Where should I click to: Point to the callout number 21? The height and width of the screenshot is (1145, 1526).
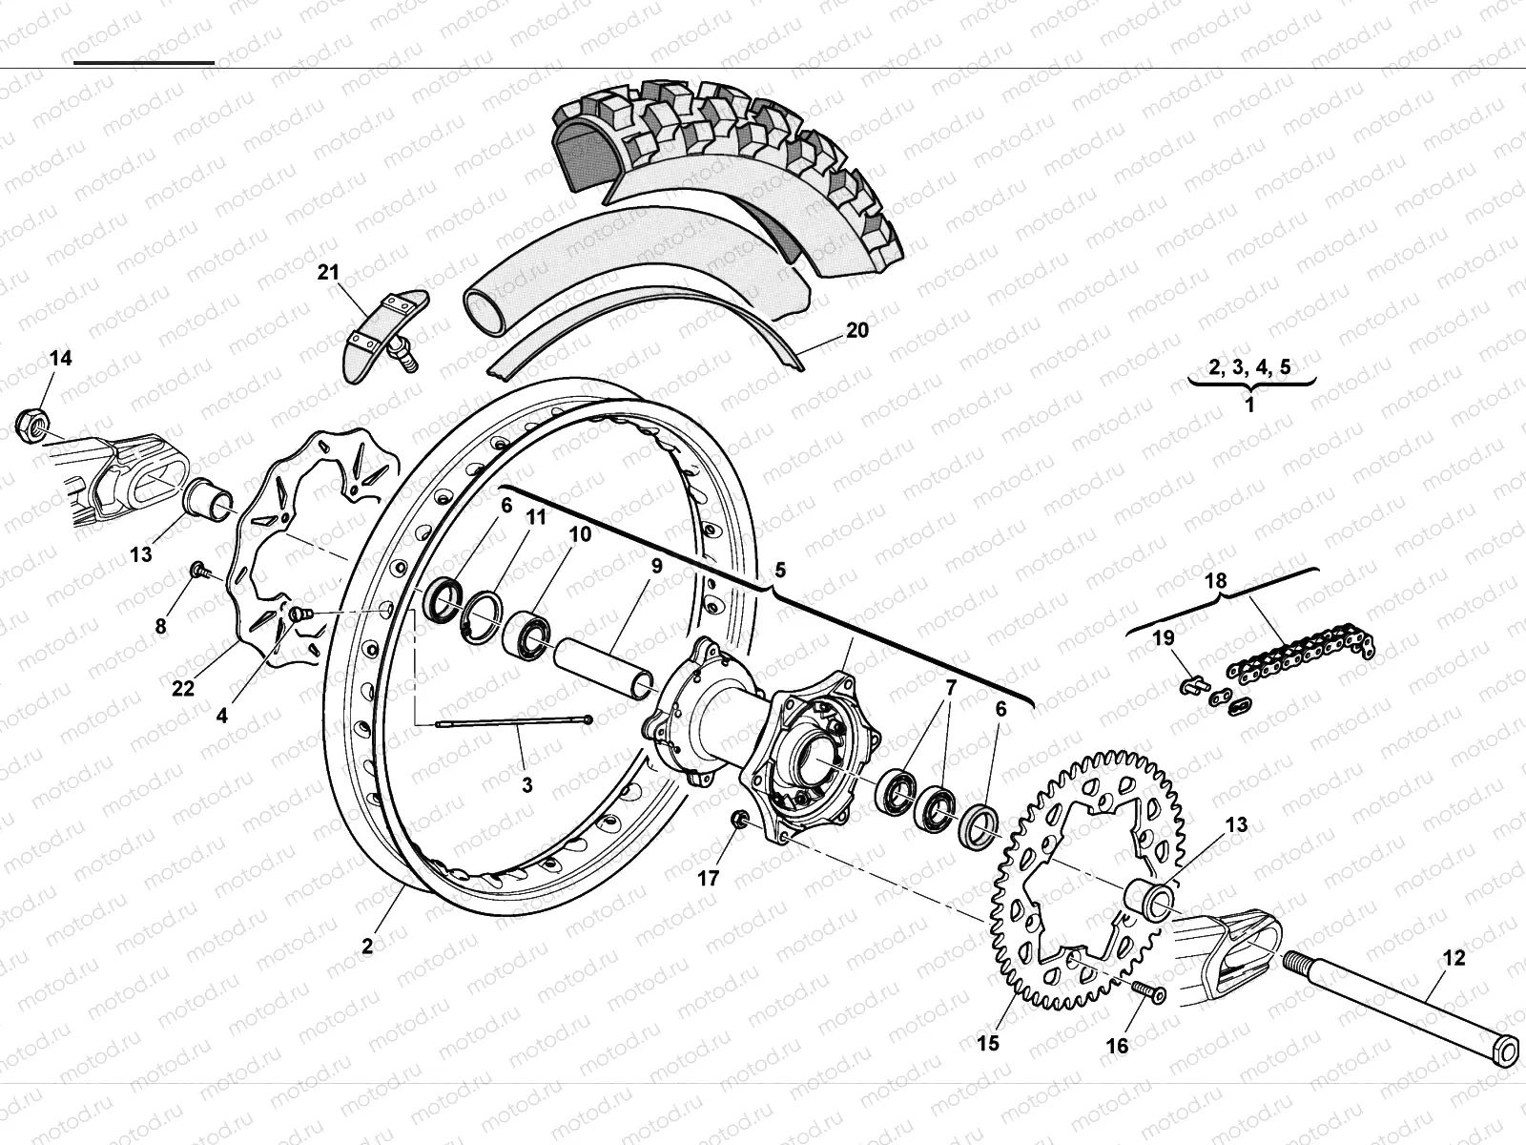328,273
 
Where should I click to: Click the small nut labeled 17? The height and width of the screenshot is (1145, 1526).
736,819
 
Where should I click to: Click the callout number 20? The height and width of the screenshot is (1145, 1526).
857,330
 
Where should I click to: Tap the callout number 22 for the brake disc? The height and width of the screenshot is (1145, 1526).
183,689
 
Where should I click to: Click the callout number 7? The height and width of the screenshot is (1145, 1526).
950,686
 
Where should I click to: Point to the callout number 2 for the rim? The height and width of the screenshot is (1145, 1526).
367,947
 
